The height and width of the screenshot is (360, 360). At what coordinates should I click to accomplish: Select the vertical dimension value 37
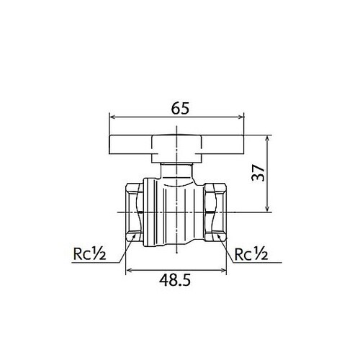point(261,174)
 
